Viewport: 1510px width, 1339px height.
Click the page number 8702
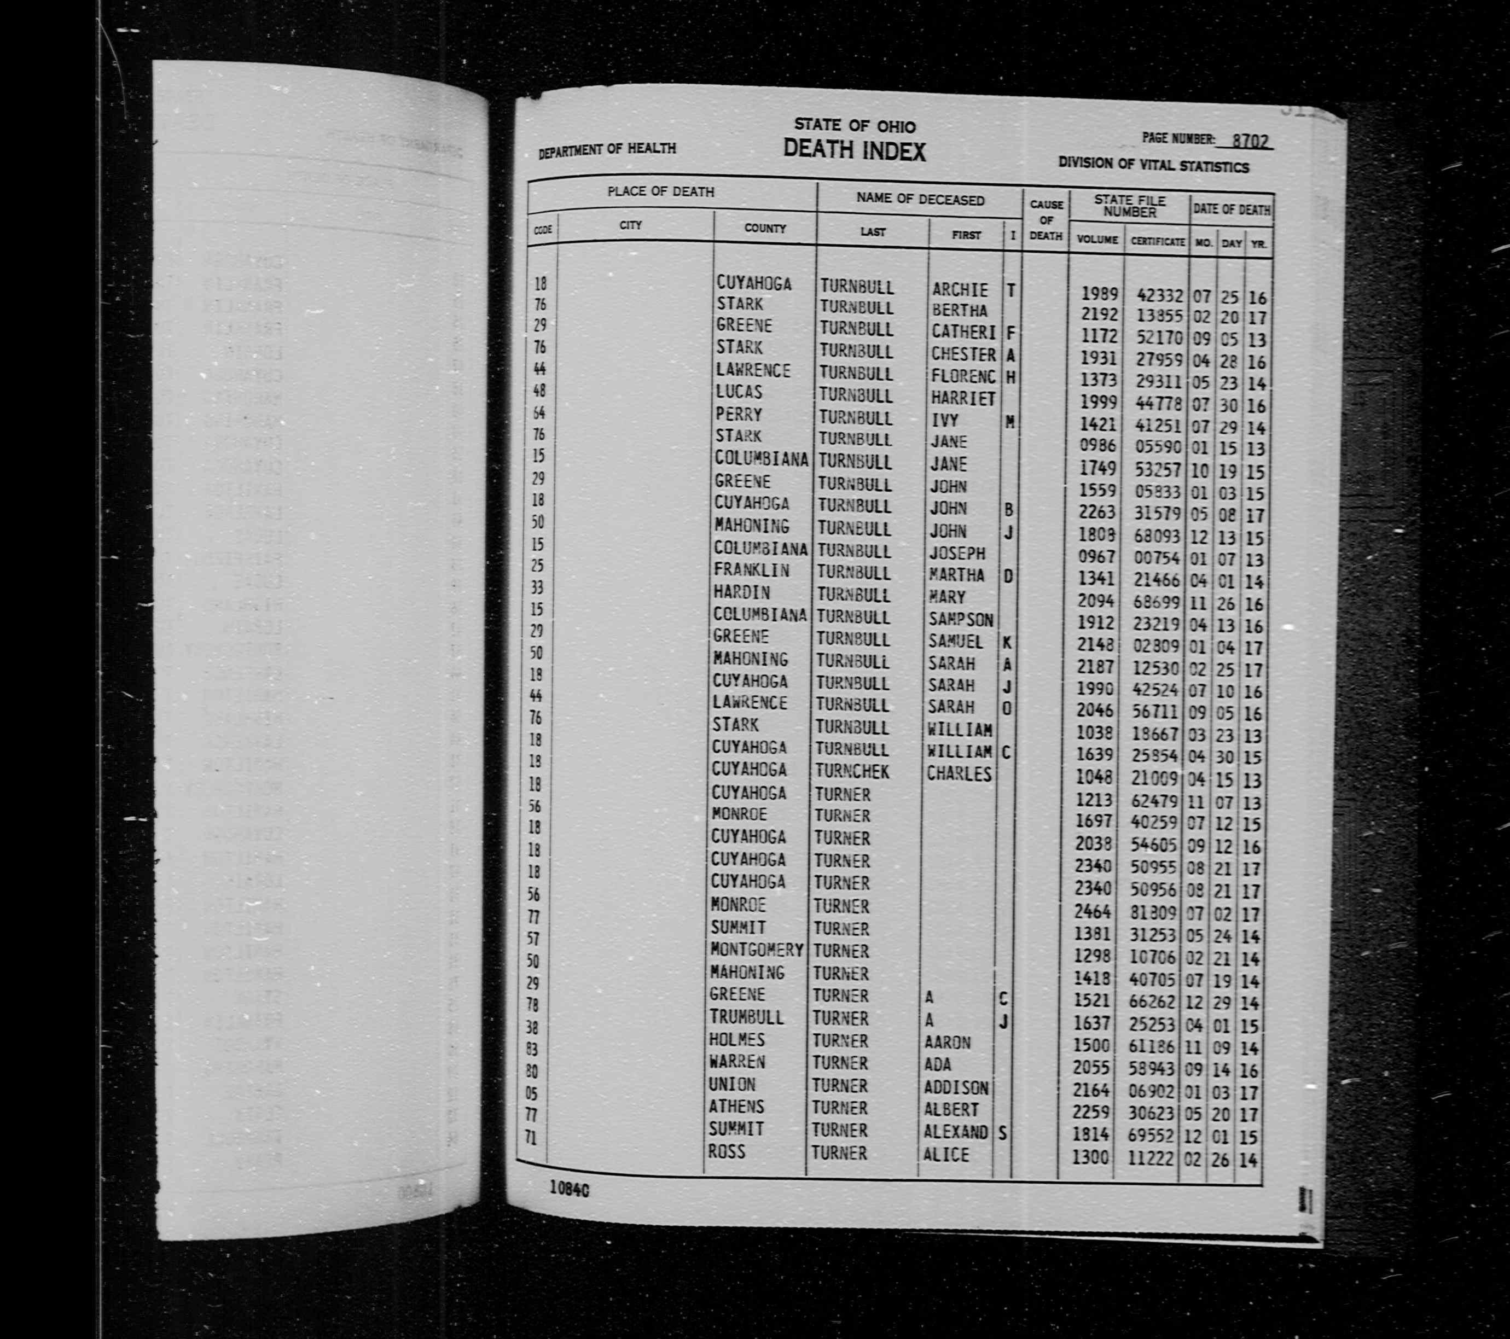1251,141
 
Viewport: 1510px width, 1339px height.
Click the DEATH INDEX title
854,150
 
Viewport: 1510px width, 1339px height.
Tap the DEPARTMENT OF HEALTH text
607,149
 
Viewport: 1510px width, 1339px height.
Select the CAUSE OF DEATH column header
1046,220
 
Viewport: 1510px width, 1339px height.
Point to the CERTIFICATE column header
1157,242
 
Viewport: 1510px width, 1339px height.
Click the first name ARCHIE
959,289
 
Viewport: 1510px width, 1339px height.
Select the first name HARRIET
962,399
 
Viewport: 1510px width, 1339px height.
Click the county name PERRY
738,414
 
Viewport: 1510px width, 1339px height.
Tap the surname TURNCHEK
852,772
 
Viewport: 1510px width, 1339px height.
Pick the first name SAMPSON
960,619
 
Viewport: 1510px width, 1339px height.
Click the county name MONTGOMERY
757,949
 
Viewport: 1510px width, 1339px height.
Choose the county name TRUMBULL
746,1017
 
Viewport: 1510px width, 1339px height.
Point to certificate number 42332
1159,295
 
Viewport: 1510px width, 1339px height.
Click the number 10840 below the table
569,1189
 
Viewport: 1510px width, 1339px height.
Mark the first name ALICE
945,1154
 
